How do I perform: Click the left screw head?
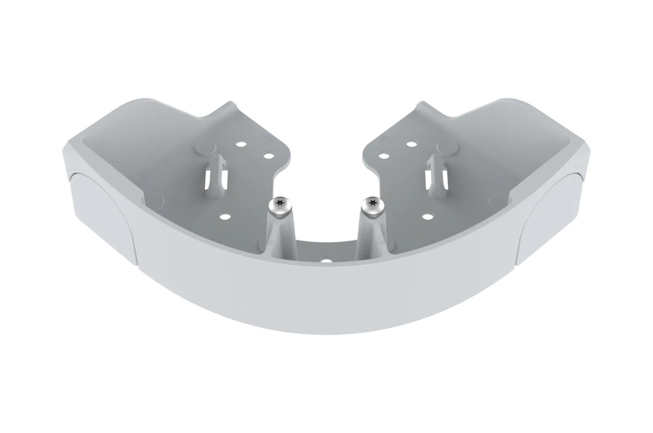coord(279,204)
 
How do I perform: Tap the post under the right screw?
coord(371,234)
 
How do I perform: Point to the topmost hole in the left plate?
coord(241,145)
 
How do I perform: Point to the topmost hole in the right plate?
coord(411,144)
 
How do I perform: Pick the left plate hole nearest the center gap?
coord(269,156)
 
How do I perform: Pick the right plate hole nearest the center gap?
coord(384,156)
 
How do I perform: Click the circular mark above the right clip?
coord(447,146)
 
